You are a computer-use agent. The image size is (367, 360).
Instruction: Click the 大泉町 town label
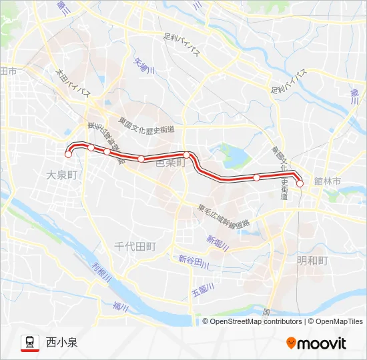coord(63,174)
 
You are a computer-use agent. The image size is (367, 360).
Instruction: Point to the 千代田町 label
coord(135,246)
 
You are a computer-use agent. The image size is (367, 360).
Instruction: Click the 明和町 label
coord(312,260)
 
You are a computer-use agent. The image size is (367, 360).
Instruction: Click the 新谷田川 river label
coord(194,261)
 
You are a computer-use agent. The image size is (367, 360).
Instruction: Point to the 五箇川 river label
coord(201,292)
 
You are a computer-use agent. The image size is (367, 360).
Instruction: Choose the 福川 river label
coord(120,306)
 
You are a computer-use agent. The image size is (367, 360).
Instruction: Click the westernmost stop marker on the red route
coord(68,155)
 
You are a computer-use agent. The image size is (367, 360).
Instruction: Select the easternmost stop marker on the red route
coord(300,183)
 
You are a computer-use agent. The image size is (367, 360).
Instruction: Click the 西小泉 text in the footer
coord(62,343)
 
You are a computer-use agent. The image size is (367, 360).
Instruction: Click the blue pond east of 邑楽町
coord(234,157)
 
